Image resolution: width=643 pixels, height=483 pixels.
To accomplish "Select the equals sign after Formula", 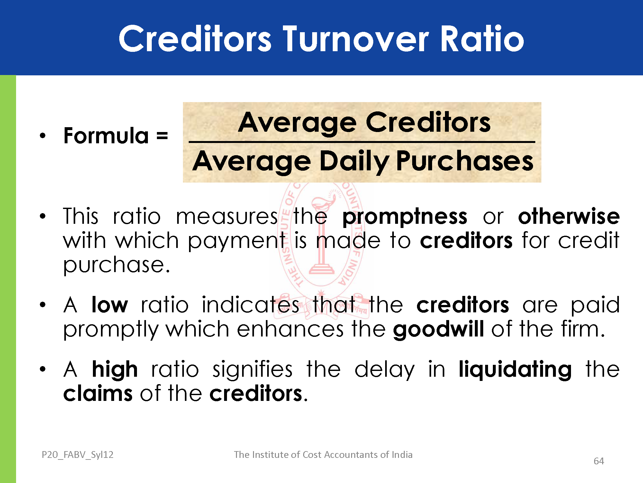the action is tap(162, 136).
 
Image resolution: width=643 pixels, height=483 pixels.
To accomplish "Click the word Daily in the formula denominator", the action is tap(354, 162).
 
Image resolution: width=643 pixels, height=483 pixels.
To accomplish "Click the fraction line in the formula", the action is tap(362, 142).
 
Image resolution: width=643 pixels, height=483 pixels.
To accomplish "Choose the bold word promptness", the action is tap(405, 216).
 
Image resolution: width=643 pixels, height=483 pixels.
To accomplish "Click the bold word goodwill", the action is tap(439, 329).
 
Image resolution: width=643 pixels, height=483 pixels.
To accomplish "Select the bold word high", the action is tap(115, 369).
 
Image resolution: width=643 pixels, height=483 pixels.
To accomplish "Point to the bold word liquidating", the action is tap(515, 369).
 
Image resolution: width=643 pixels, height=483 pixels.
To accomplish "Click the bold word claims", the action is tap(98, 393).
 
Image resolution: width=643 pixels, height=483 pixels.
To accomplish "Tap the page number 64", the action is tap(599, 461).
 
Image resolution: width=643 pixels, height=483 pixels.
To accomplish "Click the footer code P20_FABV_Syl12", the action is tap(77, 455).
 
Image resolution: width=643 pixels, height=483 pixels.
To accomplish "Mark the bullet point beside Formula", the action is tap(43, 136).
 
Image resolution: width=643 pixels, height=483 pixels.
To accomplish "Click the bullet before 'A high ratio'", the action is tap(43, 369).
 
